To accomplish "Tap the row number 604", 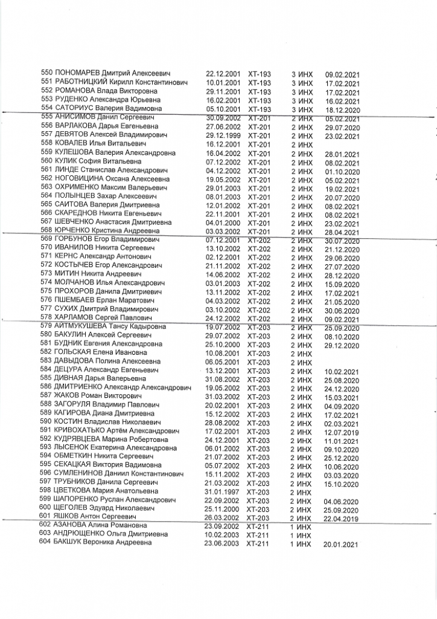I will click(x=46, y=543).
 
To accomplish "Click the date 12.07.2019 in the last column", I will click(x=342, y=432).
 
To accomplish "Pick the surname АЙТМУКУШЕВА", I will click(x=84, y=326).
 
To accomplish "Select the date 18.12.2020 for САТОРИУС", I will click(x=342, y=110).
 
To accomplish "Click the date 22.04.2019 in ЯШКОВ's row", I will click(x=341, y=519).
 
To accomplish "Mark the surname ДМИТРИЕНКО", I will click(x=78, y=387).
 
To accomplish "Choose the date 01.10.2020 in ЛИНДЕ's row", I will click(x=342, y=171).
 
